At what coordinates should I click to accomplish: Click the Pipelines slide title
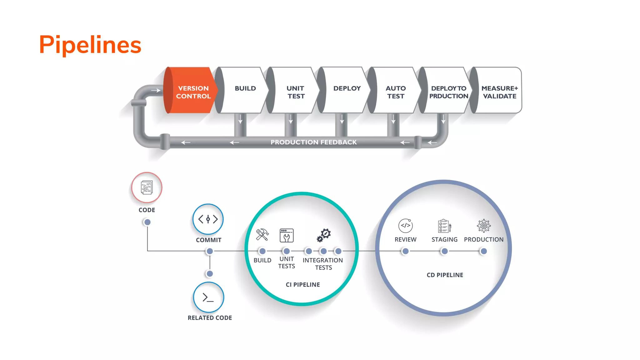(90, 45)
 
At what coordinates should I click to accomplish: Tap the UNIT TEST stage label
(295, 92)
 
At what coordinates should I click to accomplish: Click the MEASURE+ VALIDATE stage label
(499, 92)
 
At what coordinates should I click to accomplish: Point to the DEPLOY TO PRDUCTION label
(448, 92)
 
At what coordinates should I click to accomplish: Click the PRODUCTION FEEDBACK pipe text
(313, 142)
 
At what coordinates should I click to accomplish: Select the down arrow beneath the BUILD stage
(240, 119)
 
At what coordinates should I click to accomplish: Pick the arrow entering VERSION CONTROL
(156, 91)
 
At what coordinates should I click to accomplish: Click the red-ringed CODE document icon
(147, 187)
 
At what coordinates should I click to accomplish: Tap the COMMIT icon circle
(208, 219)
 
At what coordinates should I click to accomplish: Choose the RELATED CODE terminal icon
(208, 297)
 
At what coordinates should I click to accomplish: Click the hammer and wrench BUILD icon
(262, 235)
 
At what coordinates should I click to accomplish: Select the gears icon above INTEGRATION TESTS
(324, 235)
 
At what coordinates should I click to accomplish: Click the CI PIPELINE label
(302, 285)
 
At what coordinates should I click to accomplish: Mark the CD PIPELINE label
(445, 275)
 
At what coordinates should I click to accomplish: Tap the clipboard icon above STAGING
(444, 226)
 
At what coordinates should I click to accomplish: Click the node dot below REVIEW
(405, 251)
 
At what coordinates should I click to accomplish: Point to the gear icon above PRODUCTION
(483, 226)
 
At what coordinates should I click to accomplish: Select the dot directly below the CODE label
(147, 222)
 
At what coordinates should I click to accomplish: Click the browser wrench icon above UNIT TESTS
(286, 235)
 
